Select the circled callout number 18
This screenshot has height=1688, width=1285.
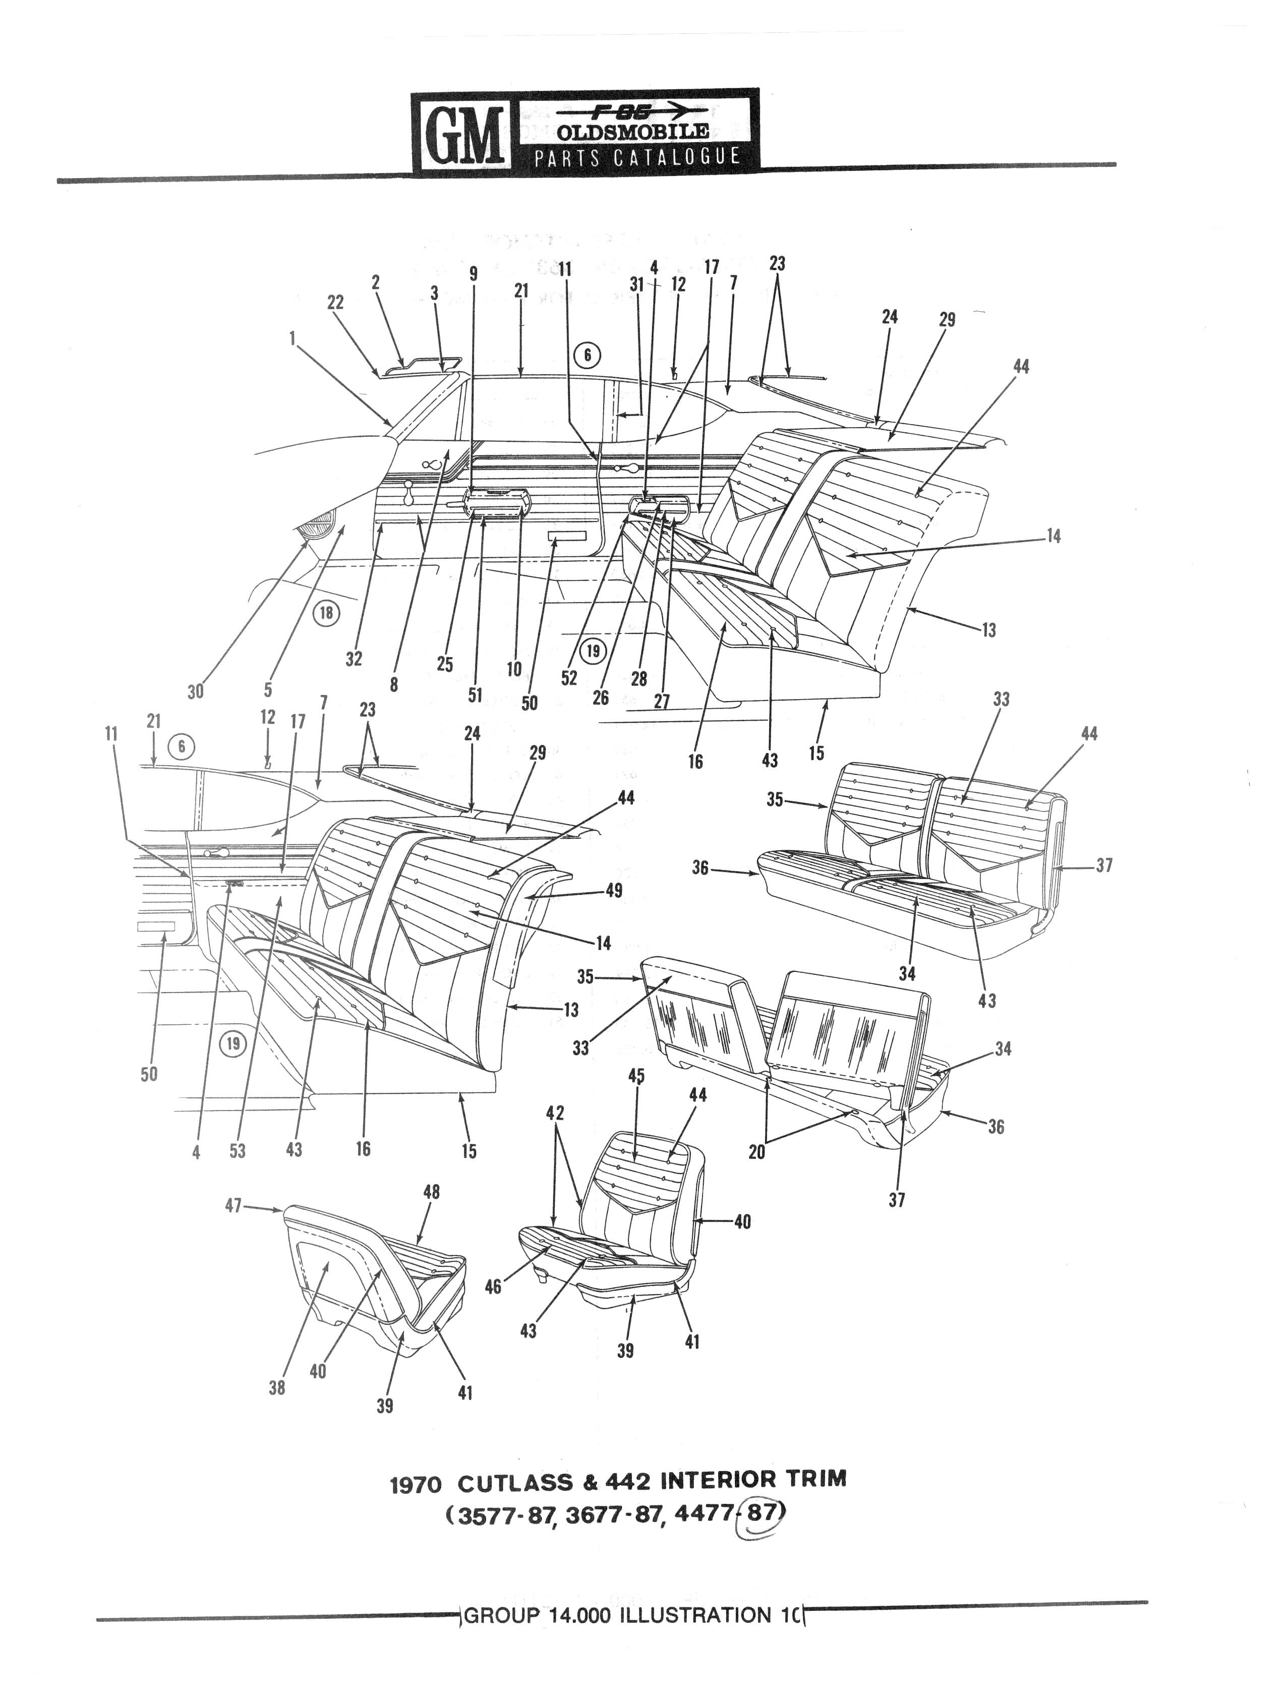pos(327,613)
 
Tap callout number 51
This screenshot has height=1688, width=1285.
pos(475,694)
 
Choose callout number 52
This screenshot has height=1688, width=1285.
pos(569,678)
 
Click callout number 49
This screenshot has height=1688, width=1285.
pos(613,890)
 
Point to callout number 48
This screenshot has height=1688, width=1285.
pos(431,1192)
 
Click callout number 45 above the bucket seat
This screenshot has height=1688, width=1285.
pos(636,1076)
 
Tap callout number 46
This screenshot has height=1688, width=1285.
pos(493,1287)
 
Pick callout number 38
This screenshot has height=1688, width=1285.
pos(277,1387)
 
